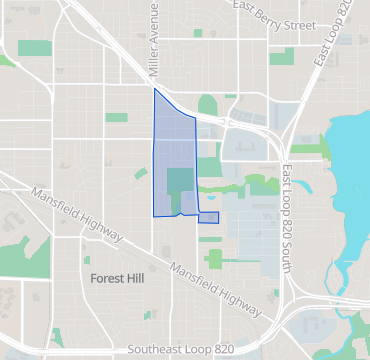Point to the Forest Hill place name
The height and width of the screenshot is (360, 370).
tap(118, 277)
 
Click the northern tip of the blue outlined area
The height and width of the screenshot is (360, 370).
tap(154, 90)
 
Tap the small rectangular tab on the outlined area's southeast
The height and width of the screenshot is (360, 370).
tap(208, 217)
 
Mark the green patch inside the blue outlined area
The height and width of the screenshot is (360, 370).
tap(180, 186)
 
